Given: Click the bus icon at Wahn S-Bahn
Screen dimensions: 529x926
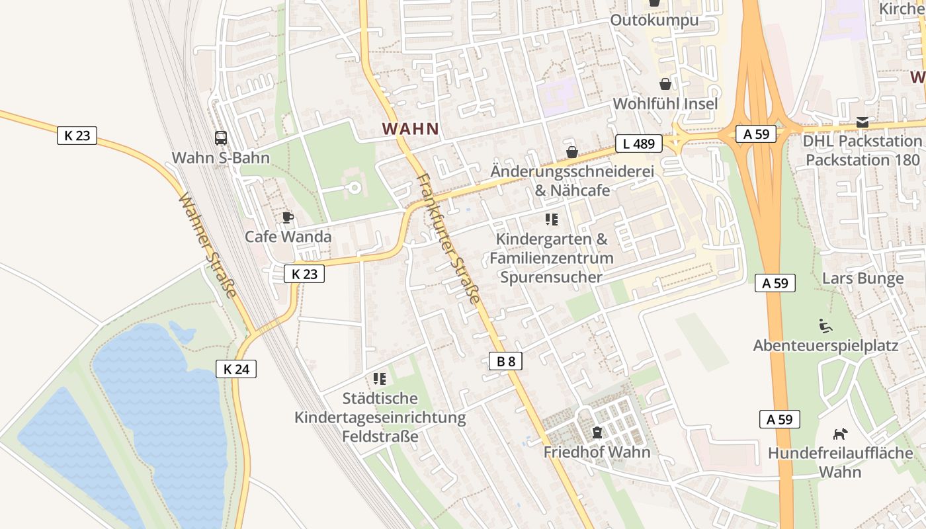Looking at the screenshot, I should pyautogui.click(x=221, y=138).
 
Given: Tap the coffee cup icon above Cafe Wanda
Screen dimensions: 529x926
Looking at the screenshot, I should pyautogui.click(x=288, y=217).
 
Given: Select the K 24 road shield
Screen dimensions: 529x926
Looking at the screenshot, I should pyautogui.click(x=236, y=369).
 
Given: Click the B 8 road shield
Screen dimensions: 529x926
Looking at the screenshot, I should pyautogui.click(x=506, y=361).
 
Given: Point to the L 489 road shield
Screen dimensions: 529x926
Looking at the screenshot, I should pyautogui.click(x=638, y=143).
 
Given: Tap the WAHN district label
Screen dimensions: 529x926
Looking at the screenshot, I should pyautogui.click(x=411, y=129).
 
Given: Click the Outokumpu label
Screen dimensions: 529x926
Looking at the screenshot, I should pyautogui.click(x=654, y=20).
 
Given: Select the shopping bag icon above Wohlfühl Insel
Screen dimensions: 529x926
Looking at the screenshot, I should pyautogui.click(x=665, y=84).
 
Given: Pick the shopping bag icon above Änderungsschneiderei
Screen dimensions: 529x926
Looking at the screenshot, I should pyautogui.click(x=572, y=152).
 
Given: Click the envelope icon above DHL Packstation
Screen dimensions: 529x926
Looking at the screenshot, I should pyautogui.click(x=863, y=122).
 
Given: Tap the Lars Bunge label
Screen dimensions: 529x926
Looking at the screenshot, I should pyautogui.click(x=863, y=278).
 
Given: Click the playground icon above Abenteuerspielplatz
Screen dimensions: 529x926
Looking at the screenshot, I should pyautogui.click(x=825, y=325).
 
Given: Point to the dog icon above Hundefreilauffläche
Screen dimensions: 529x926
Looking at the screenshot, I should pyautogui.click(x=840, y=434).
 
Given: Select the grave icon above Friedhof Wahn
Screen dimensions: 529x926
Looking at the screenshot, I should pyautogui.click(x=597, y=432).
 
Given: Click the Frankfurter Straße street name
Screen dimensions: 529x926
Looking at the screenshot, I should pyautogui.click(x=449, y=238).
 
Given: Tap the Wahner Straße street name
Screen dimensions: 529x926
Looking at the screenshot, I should pyautogui.click(x=208, y=245).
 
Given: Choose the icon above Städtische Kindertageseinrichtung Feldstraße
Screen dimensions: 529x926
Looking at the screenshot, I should pyautogui.click(x=380, y=378).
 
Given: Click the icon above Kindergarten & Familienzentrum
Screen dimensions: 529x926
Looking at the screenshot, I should pyautogui.click(x=552, y=219).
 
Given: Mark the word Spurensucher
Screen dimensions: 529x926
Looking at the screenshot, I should pyautogui.click(x=552, y=276).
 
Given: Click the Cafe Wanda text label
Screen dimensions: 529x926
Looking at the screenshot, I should pyautogui.click(x=288, y=237).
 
